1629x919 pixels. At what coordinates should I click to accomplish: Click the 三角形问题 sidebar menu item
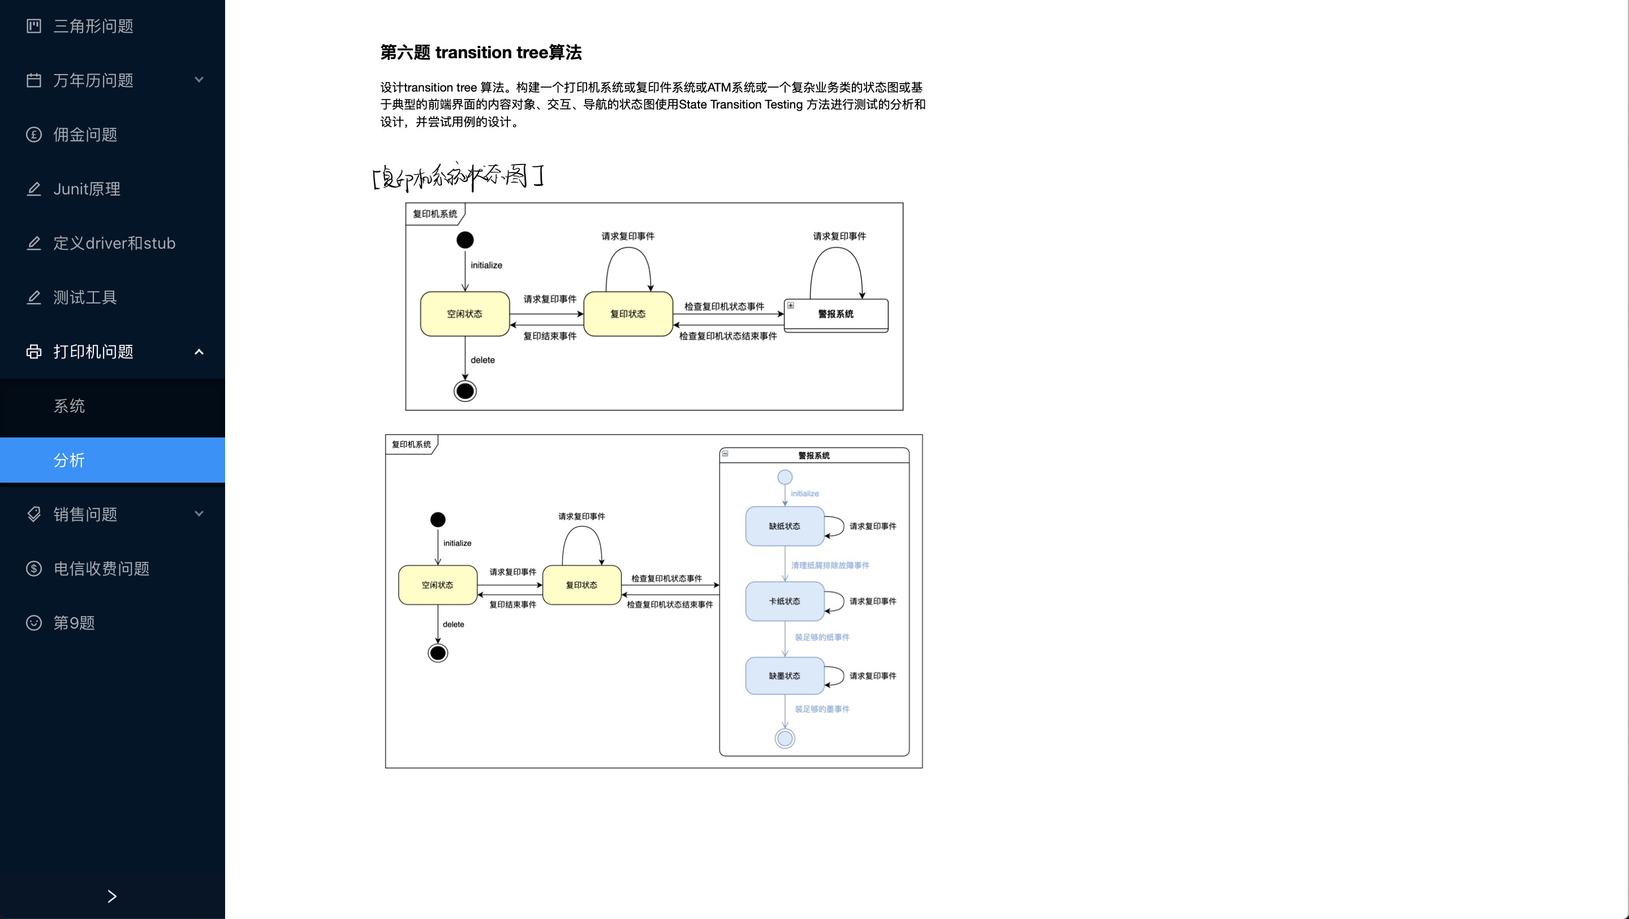(93, 26)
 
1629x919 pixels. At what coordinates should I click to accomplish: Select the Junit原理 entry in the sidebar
(87, 189)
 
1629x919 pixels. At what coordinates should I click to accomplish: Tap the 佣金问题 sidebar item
(85, 135)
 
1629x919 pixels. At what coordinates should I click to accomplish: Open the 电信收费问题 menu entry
(101, 569)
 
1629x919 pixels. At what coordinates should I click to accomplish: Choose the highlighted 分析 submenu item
(69, 460)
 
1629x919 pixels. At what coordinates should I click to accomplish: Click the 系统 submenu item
(69, 406)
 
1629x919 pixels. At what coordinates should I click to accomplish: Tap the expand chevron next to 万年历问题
(199, 80)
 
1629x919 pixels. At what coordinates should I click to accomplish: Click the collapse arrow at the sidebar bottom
(112, 896)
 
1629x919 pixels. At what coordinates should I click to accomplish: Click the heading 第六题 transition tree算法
(481, 53)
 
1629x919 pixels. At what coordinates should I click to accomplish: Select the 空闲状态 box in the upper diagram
(465, 314)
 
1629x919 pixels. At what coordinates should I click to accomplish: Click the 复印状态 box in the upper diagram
(628, 314)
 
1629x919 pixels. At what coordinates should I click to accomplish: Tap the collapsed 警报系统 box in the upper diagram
(836, 315)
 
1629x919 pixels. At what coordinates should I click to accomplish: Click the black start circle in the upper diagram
(465, 240)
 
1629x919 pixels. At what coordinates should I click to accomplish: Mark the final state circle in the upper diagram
(465, 391)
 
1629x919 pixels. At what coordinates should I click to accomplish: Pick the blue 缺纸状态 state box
(784, 526)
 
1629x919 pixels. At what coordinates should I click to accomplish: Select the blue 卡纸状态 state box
(784, 601)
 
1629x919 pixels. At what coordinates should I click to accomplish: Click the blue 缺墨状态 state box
(784, 675)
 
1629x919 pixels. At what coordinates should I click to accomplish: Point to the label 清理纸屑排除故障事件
(830, 566)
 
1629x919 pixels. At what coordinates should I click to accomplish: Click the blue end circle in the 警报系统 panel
(785, 738)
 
